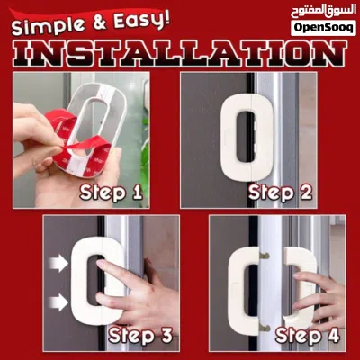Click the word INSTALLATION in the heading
(180, 54)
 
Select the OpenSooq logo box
(323, 28)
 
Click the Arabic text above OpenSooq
(323, 12)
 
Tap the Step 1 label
(111, 193)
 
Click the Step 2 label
(280, 193)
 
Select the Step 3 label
(140, 335)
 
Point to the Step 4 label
(308, 335)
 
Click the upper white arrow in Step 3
(58, 263)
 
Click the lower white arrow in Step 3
(58, 302)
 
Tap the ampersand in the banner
(99, 23)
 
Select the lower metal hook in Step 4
(265, 327)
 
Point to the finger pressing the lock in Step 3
(114, 270)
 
